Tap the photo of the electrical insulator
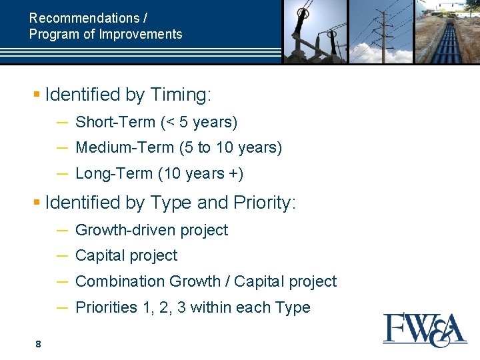(315, 31)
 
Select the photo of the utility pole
(381, 31)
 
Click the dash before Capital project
(61, 255)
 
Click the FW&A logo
(425, 330)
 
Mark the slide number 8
(38, 344)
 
